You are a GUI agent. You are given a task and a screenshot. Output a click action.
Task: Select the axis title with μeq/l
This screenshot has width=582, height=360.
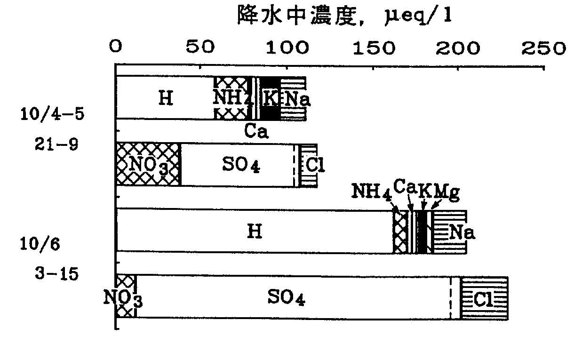pos(343,18)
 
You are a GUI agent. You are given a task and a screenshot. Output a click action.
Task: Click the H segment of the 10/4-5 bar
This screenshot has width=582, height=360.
pos(165,98)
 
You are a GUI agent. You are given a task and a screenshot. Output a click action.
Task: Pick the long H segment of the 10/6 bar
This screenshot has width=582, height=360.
pos(255,232)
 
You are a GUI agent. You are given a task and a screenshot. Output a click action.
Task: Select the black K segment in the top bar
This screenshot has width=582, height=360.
pos(271,98)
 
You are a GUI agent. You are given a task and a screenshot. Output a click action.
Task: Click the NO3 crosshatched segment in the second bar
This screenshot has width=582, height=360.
pos(148,165)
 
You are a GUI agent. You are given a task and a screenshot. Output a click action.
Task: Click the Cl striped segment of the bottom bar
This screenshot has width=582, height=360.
pos(484,298)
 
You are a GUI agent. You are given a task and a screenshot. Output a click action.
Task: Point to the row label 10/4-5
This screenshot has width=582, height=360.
pos(51,115)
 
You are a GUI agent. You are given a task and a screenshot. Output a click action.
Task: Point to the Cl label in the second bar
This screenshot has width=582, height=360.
pos(315,165)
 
